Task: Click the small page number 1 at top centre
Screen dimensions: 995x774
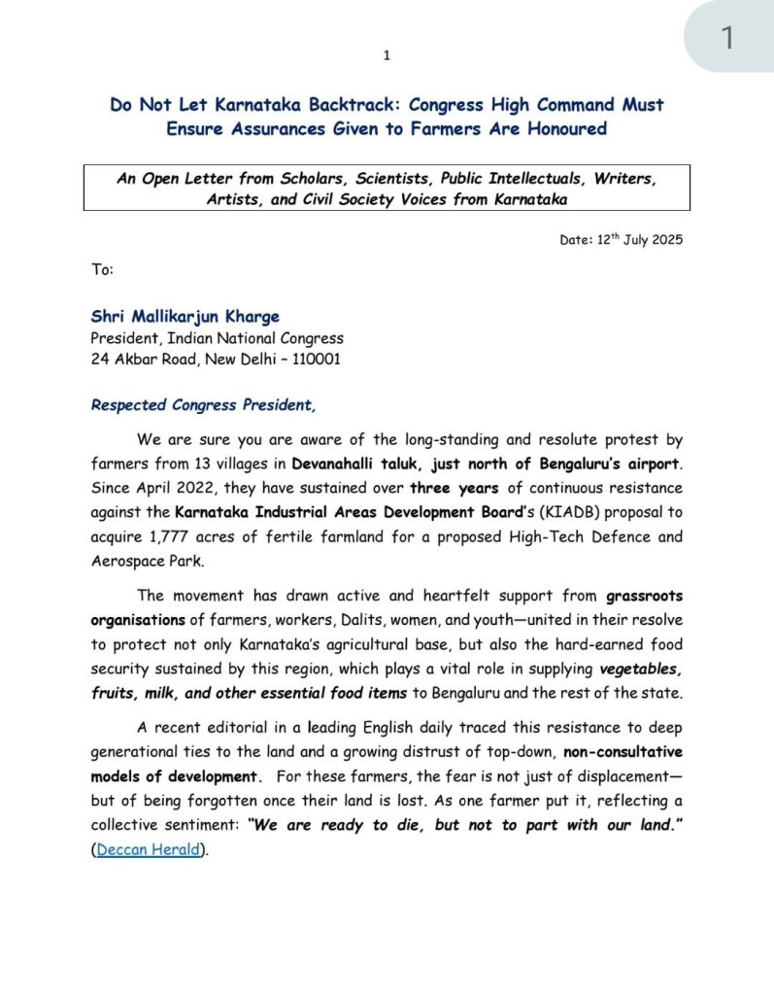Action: click(387, 55)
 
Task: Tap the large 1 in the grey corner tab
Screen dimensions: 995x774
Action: click(727, 39)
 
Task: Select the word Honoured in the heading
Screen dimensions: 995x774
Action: click(563, 128)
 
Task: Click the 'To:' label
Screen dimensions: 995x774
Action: click(103, 269)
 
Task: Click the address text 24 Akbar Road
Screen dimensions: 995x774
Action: click(136, 359)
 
